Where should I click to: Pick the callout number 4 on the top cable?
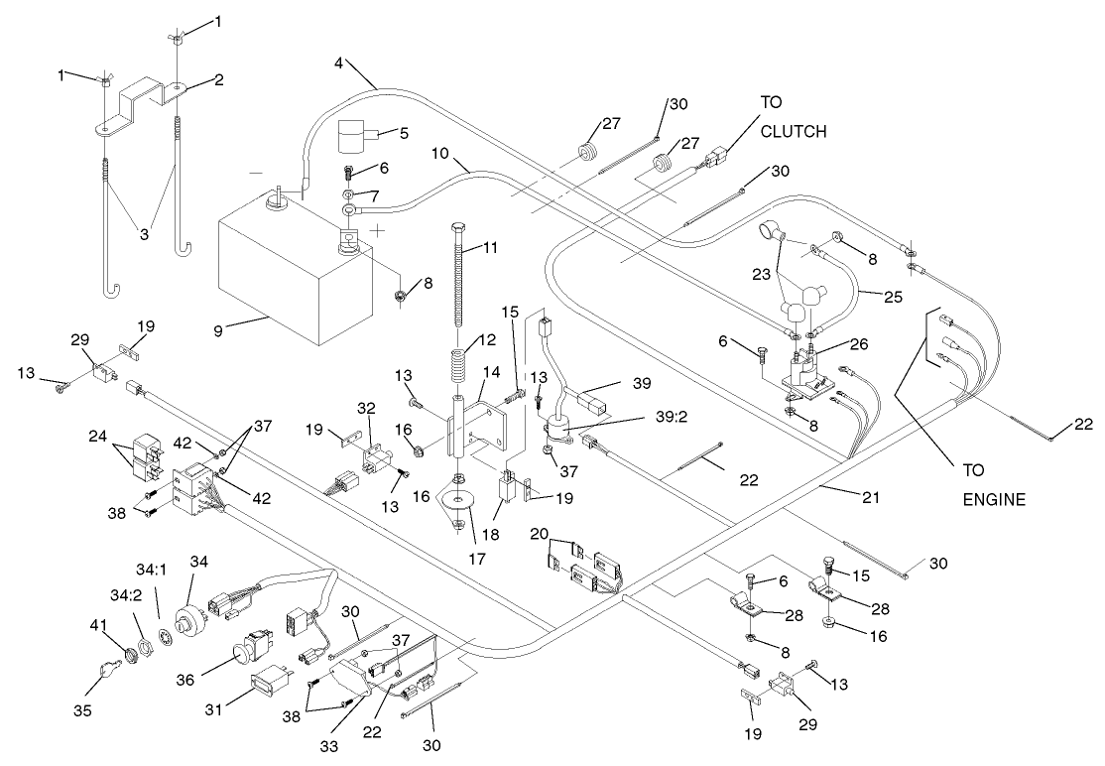click(x=339, y=64)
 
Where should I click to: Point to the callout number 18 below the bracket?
click(x=489, y=537)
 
